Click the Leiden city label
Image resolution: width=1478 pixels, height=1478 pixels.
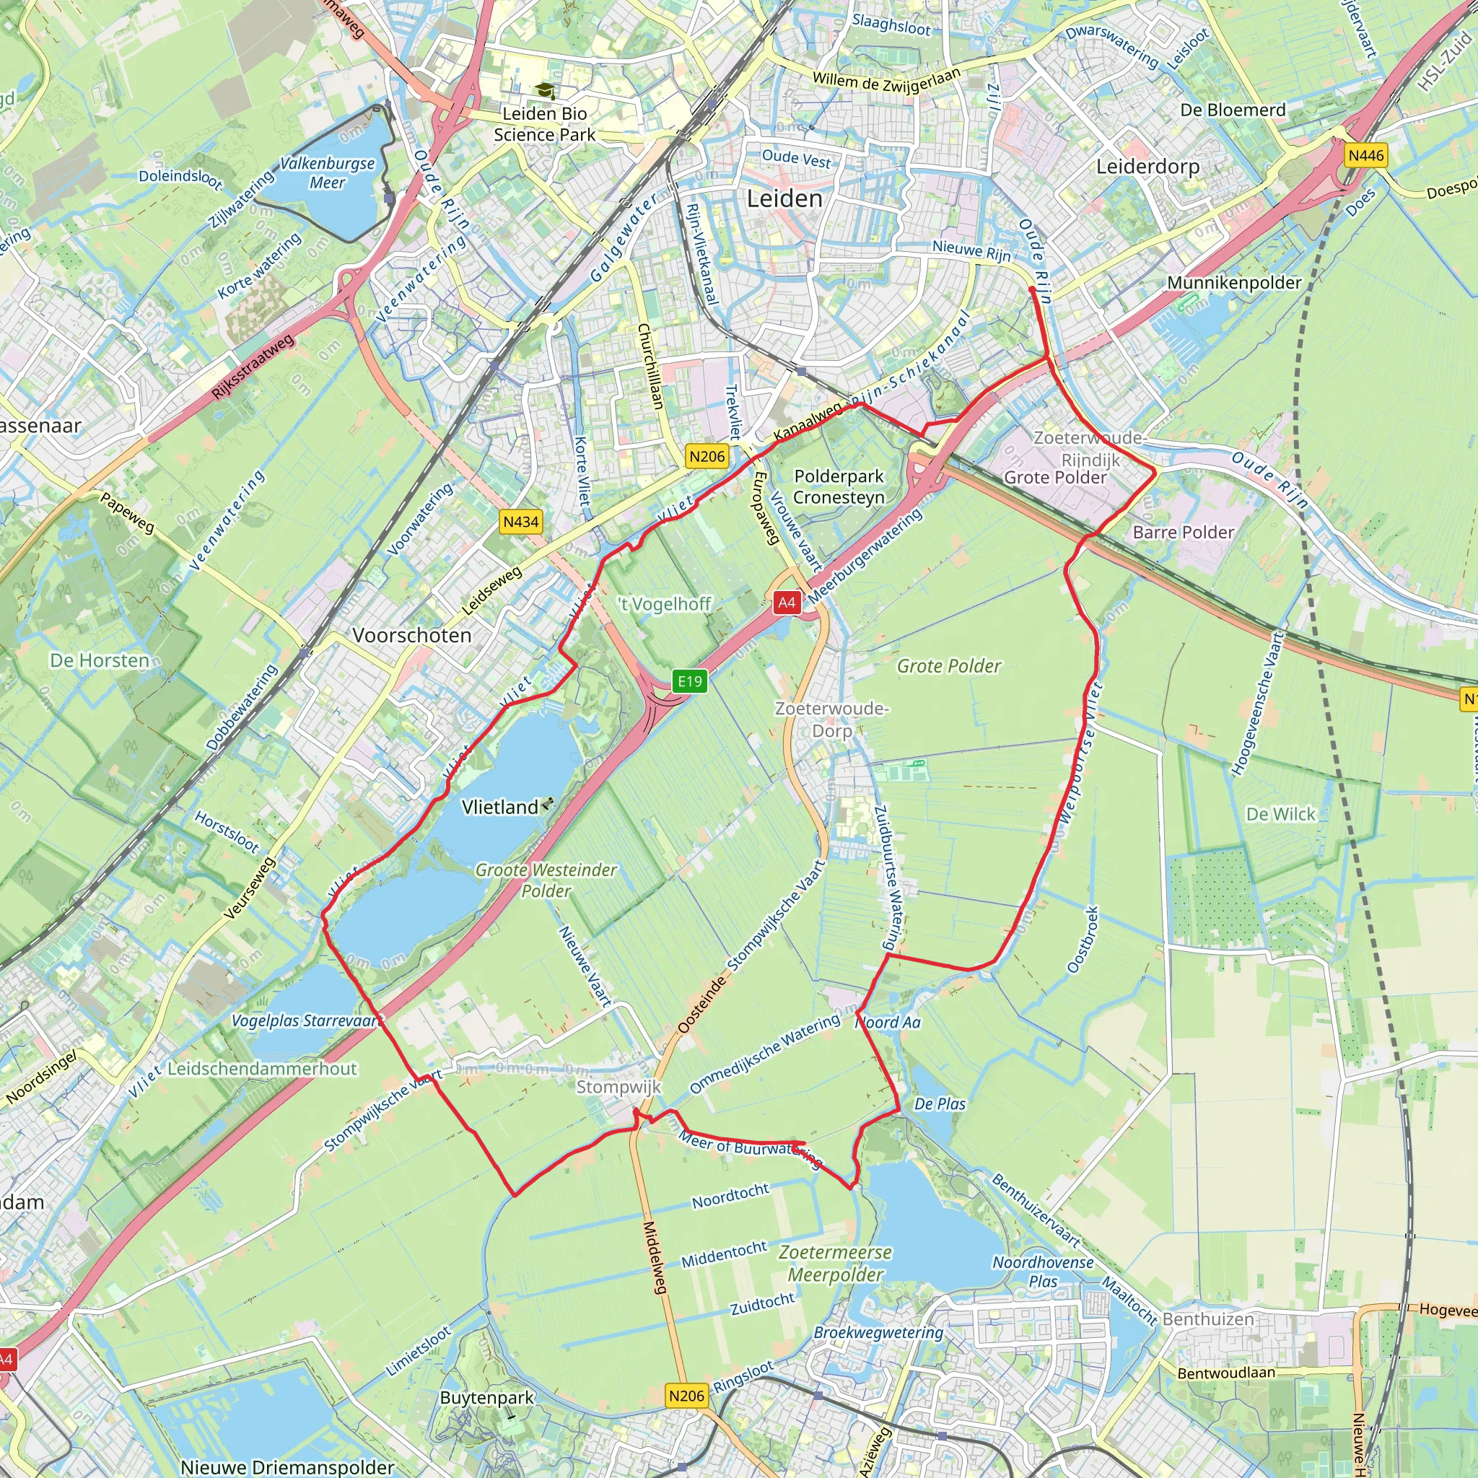784,199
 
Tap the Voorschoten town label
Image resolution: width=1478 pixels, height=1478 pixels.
411,635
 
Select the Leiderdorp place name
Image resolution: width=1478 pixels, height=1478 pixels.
1147,167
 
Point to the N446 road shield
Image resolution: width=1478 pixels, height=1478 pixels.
1365,156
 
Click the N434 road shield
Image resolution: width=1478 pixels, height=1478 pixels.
521,522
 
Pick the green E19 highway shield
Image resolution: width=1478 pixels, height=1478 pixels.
689,681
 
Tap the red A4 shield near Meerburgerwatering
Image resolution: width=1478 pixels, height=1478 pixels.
787,603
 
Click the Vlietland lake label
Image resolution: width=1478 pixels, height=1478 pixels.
500,807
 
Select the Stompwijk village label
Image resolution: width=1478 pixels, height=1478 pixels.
618,1087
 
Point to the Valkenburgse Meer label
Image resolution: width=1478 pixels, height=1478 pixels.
328,173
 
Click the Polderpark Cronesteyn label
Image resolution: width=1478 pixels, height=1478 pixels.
839,486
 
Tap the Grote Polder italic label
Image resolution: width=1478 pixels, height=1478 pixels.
948,666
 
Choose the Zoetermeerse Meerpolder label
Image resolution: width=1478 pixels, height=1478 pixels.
836,1263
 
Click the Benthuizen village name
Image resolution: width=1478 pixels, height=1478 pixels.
1208,1319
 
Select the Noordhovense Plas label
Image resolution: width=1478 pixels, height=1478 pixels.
1043,1272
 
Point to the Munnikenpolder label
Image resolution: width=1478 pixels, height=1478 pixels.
1234,283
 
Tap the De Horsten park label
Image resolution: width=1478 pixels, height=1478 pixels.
100,660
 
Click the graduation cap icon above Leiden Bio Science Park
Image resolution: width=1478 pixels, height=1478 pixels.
545,92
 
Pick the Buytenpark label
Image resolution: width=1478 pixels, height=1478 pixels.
486,1398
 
